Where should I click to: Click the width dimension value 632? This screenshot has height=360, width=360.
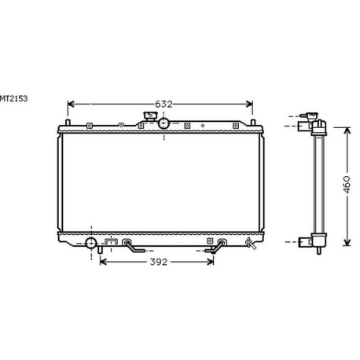click(162, 104)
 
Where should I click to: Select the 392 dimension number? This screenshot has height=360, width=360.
click(159, 262)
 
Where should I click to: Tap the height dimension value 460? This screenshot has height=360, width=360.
click(345, 183)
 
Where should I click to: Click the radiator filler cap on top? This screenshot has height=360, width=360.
click(147, 118)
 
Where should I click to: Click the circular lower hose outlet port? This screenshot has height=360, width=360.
click(91, 243)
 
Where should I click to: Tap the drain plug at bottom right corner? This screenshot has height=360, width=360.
click(251, 244)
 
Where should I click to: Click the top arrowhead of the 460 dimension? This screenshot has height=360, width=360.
click(345, 125)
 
